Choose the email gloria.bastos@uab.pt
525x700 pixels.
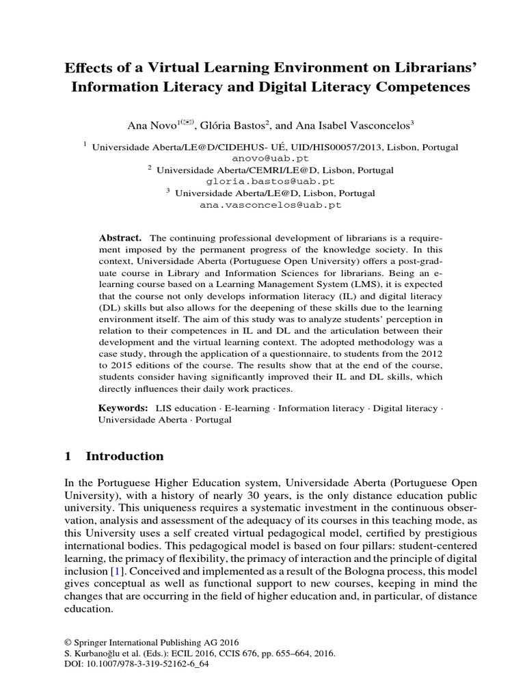point(270,181)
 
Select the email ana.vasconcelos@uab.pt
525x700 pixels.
point(270,204)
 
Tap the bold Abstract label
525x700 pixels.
point(120,237)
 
